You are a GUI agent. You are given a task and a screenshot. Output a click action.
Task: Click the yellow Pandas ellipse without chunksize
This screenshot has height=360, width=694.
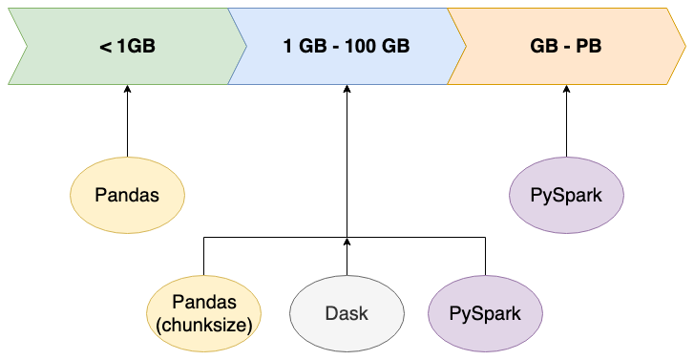[x=127, y=195]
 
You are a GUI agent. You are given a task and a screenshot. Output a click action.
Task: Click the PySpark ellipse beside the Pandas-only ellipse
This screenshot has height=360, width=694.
[x=567, y=195]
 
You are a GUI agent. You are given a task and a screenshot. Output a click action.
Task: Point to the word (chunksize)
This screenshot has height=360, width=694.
[x=203, y=325]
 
